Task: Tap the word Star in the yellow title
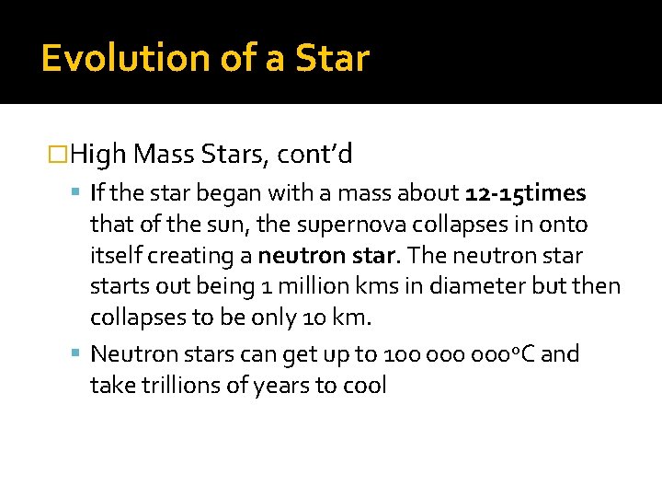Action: coord(332,58)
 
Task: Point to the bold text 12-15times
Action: coord(526,193)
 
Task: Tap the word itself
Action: coord(116,255)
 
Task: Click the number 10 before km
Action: coord(313,318)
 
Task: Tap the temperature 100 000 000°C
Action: coord(460,354)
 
